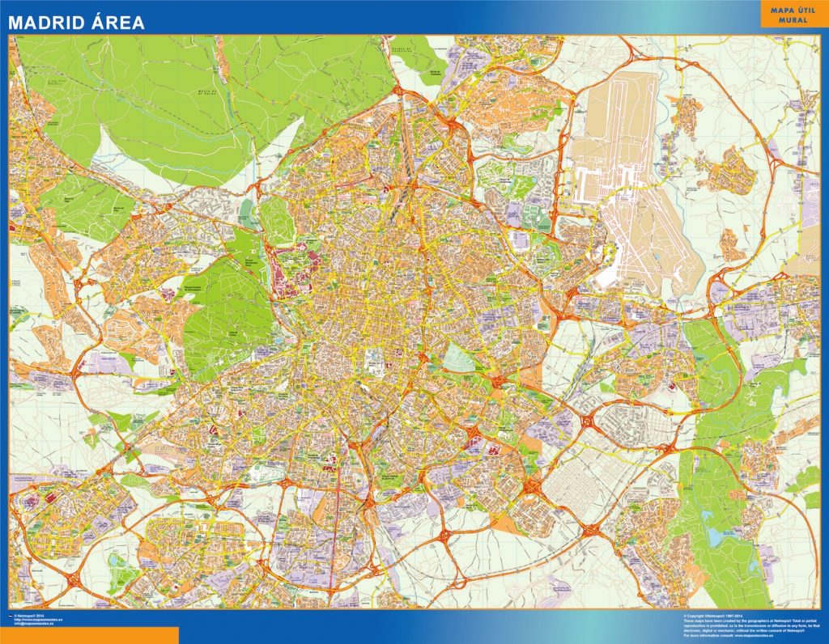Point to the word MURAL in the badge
[793, 20]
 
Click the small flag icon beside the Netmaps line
[11, 616]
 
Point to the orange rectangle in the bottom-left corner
[89, 635]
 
